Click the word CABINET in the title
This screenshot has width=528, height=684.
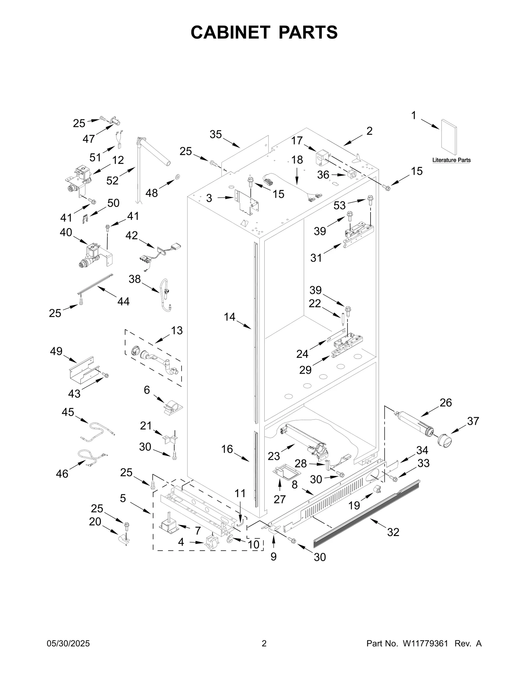coord(230,32)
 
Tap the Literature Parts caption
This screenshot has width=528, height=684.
coord(451,160)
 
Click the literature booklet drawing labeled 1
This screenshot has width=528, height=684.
coord(449,137)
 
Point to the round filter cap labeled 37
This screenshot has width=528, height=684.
coord(444,440)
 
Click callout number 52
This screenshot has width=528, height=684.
coord(112,180)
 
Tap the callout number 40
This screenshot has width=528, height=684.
coord(66,232)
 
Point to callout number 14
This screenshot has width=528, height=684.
coord(229,317)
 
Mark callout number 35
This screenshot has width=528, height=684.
coord(215,134)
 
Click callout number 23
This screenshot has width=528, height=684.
coord(274,456)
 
